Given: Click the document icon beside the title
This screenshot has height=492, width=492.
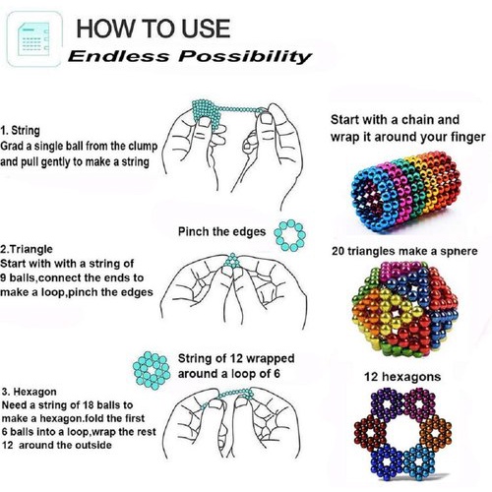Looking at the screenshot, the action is pos(34,39).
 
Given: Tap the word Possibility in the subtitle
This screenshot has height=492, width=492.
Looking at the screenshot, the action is pos(245,56).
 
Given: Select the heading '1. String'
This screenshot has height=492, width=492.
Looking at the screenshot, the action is pos(21,130).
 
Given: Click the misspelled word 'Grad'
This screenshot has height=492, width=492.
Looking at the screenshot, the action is pos(12,146).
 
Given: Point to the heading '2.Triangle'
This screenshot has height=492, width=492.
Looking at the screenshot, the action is pos(27,249).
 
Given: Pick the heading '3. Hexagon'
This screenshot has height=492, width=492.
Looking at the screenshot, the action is pos(30,392).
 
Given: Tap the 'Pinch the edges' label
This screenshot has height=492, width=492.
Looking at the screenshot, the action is pos(221,231).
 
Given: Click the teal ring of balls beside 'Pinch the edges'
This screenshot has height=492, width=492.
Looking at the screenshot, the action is pos(290,226).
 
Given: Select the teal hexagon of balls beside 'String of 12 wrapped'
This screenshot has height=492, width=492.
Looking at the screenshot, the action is pos(152,371).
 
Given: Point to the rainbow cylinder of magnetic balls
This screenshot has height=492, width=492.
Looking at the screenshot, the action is pos(405,191).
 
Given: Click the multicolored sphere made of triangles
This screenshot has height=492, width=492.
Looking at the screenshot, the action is pos(405,309).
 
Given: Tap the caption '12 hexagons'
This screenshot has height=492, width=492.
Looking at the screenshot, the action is pos(402,377).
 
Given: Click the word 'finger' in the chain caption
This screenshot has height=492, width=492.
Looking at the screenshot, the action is pos(467,137).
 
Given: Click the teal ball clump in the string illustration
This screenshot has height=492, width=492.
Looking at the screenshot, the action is pos(205,112).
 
